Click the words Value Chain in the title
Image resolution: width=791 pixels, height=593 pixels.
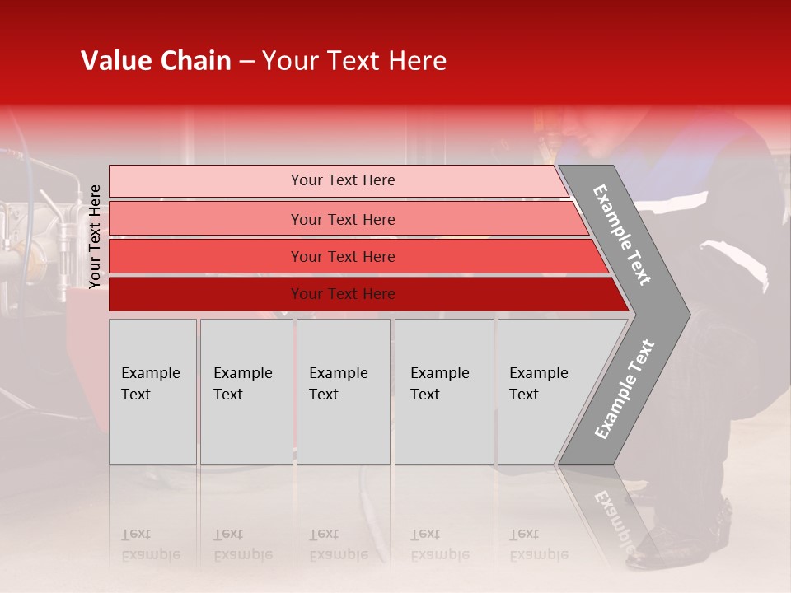point(156,61)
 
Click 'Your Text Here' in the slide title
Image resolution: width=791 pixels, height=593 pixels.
point(354,61)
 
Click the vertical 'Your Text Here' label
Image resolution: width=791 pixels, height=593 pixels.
point(96,236)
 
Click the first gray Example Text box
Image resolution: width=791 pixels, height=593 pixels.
point(152,391)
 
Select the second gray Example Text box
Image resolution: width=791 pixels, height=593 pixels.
point(246,391)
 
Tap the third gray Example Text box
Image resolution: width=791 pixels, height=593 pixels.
point(343,391)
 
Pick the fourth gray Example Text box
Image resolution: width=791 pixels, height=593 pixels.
point(444,391)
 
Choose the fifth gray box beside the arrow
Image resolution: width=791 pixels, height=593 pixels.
point(544,391)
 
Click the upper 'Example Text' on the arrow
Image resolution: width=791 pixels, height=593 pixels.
point(622,235)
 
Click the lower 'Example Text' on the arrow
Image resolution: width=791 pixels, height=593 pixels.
point(625,390)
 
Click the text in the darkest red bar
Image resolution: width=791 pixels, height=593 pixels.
point(343,294)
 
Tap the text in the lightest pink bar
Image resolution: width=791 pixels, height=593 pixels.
point(343,180)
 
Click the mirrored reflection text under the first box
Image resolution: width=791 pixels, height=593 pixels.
point(151,544)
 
